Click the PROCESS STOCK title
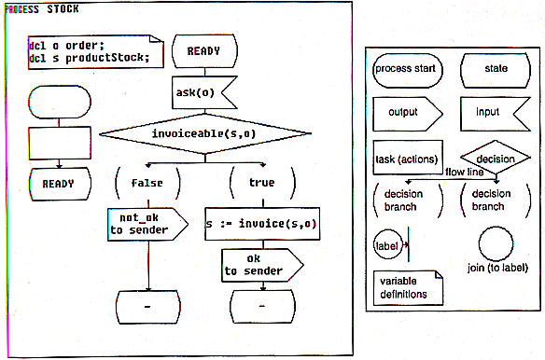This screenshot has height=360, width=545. click(x=42, y=9)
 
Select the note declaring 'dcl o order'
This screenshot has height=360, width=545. click(x=90, y=52)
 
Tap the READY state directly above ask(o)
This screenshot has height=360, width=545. click(x=203, y=52)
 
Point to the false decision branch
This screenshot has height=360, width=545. click(x=148, y=182)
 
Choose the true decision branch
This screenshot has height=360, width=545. click(x=261, y=182)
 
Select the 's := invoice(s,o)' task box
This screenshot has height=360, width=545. click(x=262, y=224)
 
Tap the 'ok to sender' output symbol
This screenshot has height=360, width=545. click(x=259, y=265)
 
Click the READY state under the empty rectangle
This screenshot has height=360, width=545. click(x=59, y=184)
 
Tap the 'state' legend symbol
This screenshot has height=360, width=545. click(x=496, y=69)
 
